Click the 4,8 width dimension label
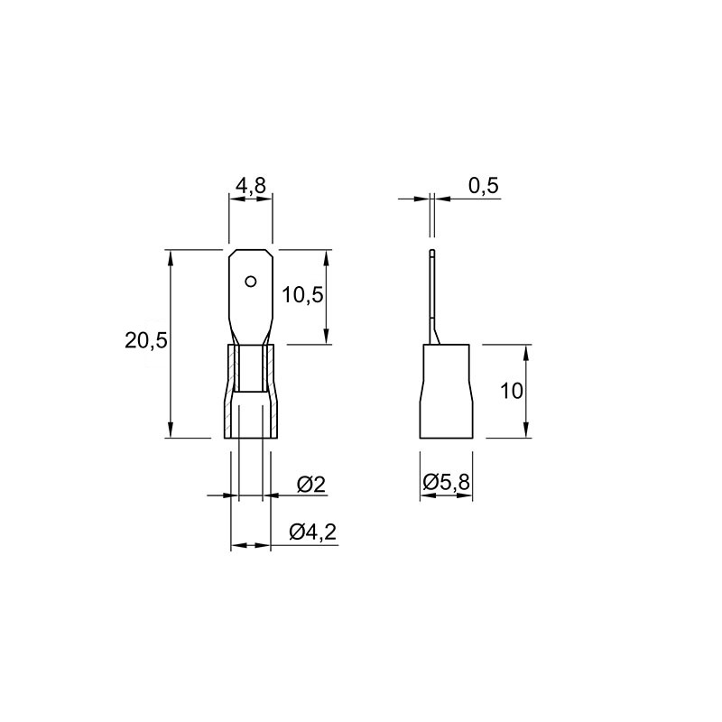tap(251, 185)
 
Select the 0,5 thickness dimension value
tap(484, 185)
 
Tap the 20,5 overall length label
tap(146, 341)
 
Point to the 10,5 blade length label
tap(302, 295)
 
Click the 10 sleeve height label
tap(512, 392)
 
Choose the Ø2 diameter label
tap(311, 485)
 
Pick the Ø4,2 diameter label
tap(313, 532)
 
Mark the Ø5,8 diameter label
tap(446, 483)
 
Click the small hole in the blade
tap(251, 282)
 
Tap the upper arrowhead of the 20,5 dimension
tap(170, 257)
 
